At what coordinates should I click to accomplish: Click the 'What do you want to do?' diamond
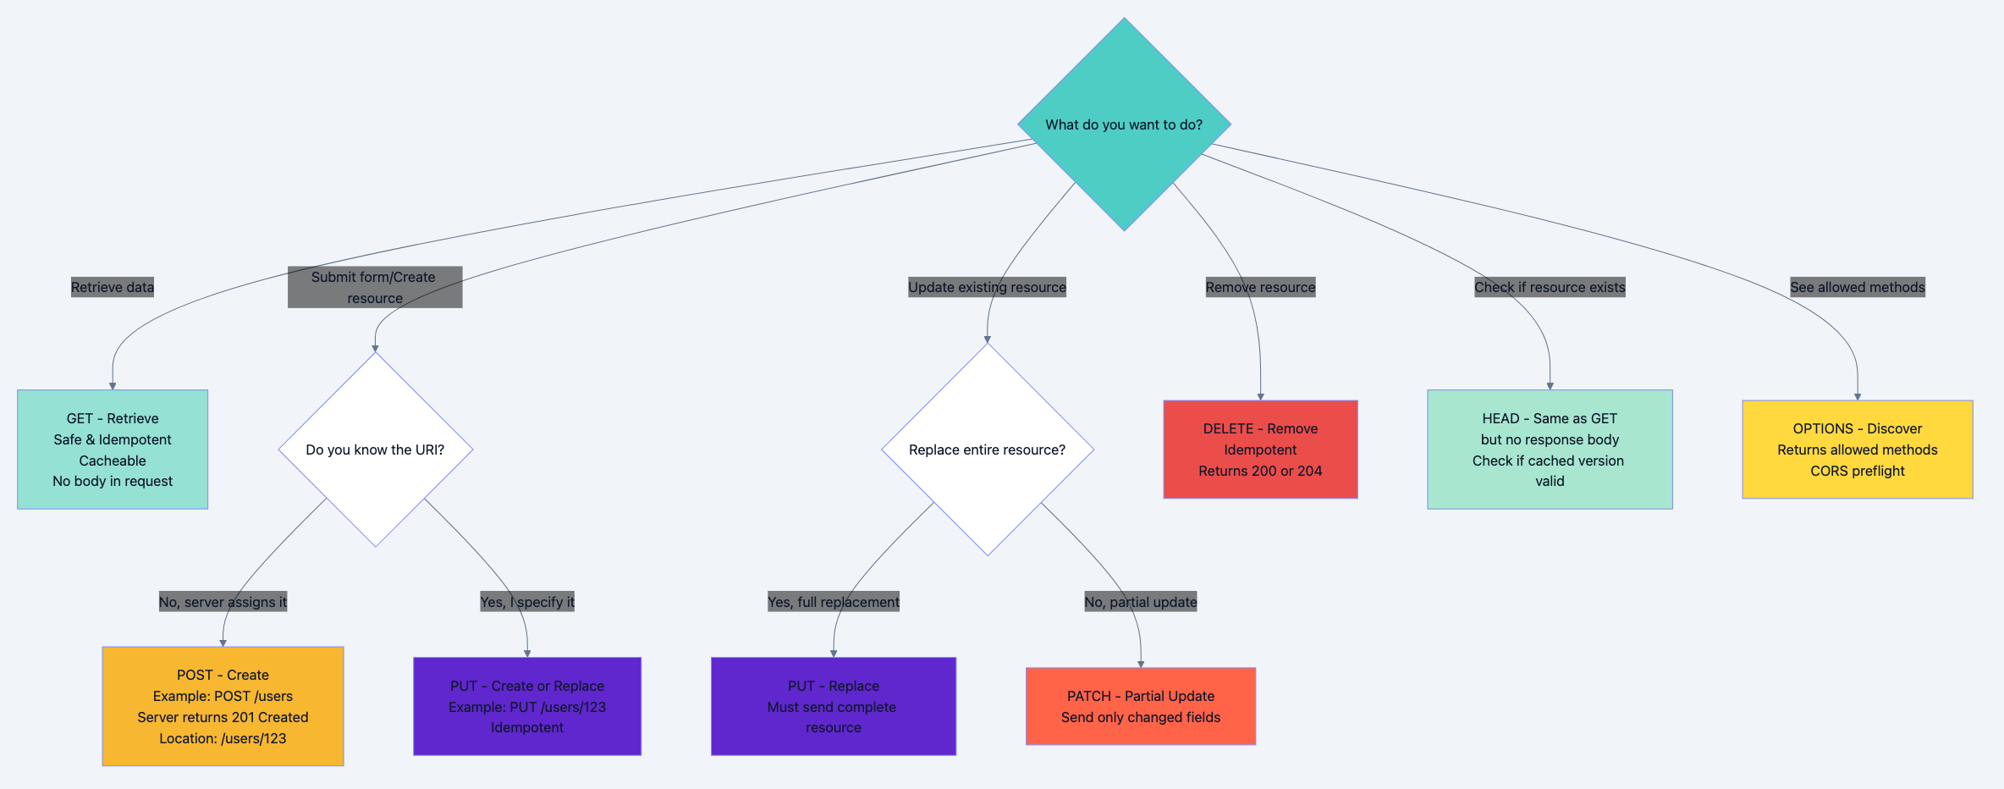[x=1124, y=124]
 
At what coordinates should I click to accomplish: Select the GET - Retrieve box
[x=113, y=450]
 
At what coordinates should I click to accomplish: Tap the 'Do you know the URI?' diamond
[x=375, y=450]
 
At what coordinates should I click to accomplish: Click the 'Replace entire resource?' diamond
[x=987, y=450]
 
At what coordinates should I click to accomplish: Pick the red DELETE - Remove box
[x=1260, y=450]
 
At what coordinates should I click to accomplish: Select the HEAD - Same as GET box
[x=1550, y=450]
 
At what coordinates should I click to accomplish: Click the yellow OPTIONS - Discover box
[x=1857, y=450]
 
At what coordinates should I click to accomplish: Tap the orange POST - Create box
[x=223, y=706]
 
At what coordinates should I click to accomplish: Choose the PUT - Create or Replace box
[x=527, y=706]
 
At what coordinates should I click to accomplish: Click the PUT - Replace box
[x=833, y=706]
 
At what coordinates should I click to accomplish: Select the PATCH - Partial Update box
[x=1140, y=706]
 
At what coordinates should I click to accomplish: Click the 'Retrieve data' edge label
[x=113, y=287]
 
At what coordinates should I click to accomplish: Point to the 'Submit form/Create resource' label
[x=375, y=287]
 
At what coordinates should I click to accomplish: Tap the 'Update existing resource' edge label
[x=987, y=287]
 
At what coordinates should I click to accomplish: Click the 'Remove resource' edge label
[x=1260, y=287]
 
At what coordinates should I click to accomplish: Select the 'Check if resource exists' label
[x=1550, y=287]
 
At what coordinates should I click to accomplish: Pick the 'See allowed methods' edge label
[x=1857, y=287]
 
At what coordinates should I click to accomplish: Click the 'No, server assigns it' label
[x=223, y=602]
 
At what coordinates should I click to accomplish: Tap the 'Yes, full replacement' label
[x=833, y=602]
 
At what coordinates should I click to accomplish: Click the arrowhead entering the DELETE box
[x=1260, y=396]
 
